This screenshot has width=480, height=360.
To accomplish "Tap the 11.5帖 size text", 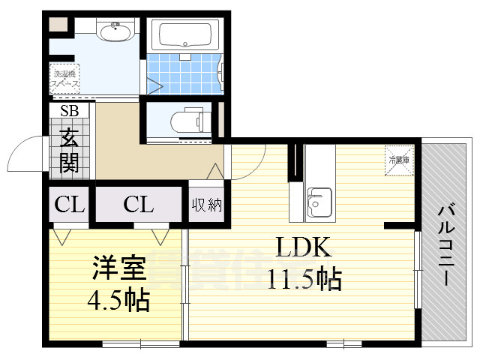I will [x=304, y=279].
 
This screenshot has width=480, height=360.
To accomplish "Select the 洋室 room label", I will [x=119, y=268].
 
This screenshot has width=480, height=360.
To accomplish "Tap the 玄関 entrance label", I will [x=69, y=150].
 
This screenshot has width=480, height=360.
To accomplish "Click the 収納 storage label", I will [x=206, y=204].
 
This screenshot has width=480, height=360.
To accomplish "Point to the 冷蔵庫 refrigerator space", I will [x=398, y=160].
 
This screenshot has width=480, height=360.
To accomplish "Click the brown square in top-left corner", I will [x=58, y=23].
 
